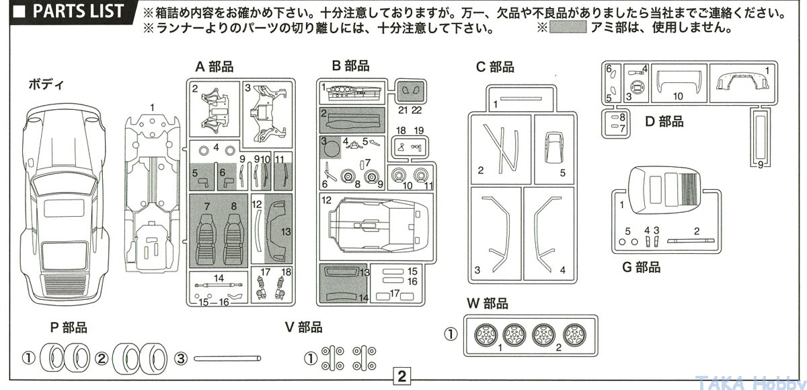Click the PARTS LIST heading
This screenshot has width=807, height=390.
(78, 11)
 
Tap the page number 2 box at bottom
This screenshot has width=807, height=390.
(401, 377)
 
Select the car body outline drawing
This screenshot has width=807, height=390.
(64, 204)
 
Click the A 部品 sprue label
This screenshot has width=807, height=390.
(215, 67)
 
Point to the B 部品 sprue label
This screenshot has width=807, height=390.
(350, 66)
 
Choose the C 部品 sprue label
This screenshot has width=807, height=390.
(495, 67)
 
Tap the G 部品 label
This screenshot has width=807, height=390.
(642, 267)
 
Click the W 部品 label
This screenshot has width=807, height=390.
(487, 303)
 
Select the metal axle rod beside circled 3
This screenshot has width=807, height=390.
(227, 358)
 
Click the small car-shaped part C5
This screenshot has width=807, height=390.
(553, 148)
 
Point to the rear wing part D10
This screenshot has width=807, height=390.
(679, 82)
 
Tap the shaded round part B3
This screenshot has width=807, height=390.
(331, 148)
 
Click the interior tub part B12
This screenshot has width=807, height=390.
(378, 225)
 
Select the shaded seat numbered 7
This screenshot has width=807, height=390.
(206, 239)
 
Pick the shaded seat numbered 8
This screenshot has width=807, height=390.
(234, 239)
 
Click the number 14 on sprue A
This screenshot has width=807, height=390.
(219, 278)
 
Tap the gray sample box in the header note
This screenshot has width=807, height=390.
(568, 27)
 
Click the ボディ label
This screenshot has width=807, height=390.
(46, 85)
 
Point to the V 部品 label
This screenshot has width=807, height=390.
(304, 327)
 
